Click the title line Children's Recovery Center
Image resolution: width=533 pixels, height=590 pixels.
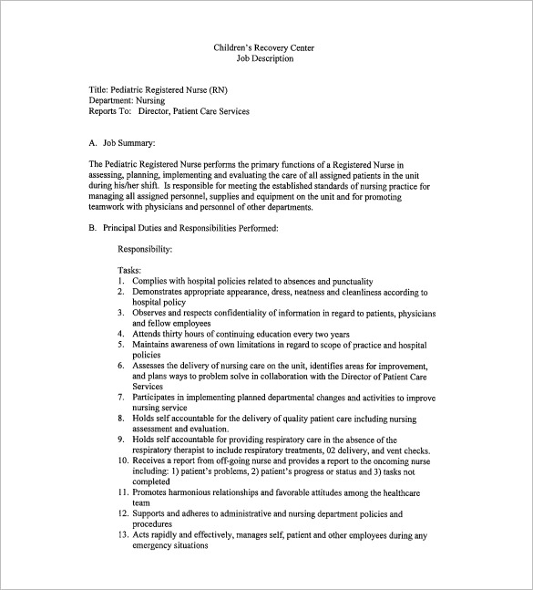point(266,47)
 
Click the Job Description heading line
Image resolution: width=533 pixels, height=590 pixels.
point(266,58)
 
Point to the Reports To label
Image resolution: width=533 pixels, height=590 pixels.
point(110,111)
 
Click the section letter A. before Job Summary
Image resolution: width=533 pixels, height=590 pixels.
point(93,143)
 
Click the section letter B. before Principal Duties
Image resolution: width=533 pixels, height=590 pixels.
point(93,227)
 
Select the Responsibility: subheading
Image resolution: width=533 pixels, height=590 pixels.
point(145,248)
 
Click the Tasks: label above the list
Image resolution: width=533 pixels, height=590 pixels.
point(130,271)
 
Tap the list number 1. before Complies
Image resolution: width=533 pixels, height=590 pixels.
point(121,282)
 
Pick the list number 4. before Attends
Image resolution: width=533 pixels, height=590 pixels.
point(121,333)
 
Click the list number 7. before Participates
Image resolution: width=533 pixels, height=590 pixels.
point(121,397)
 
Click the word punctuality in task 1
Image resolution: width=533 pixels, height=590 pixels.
point(348,282)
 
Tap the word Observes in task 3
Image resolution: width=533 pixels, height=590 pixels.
point(150,313)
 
